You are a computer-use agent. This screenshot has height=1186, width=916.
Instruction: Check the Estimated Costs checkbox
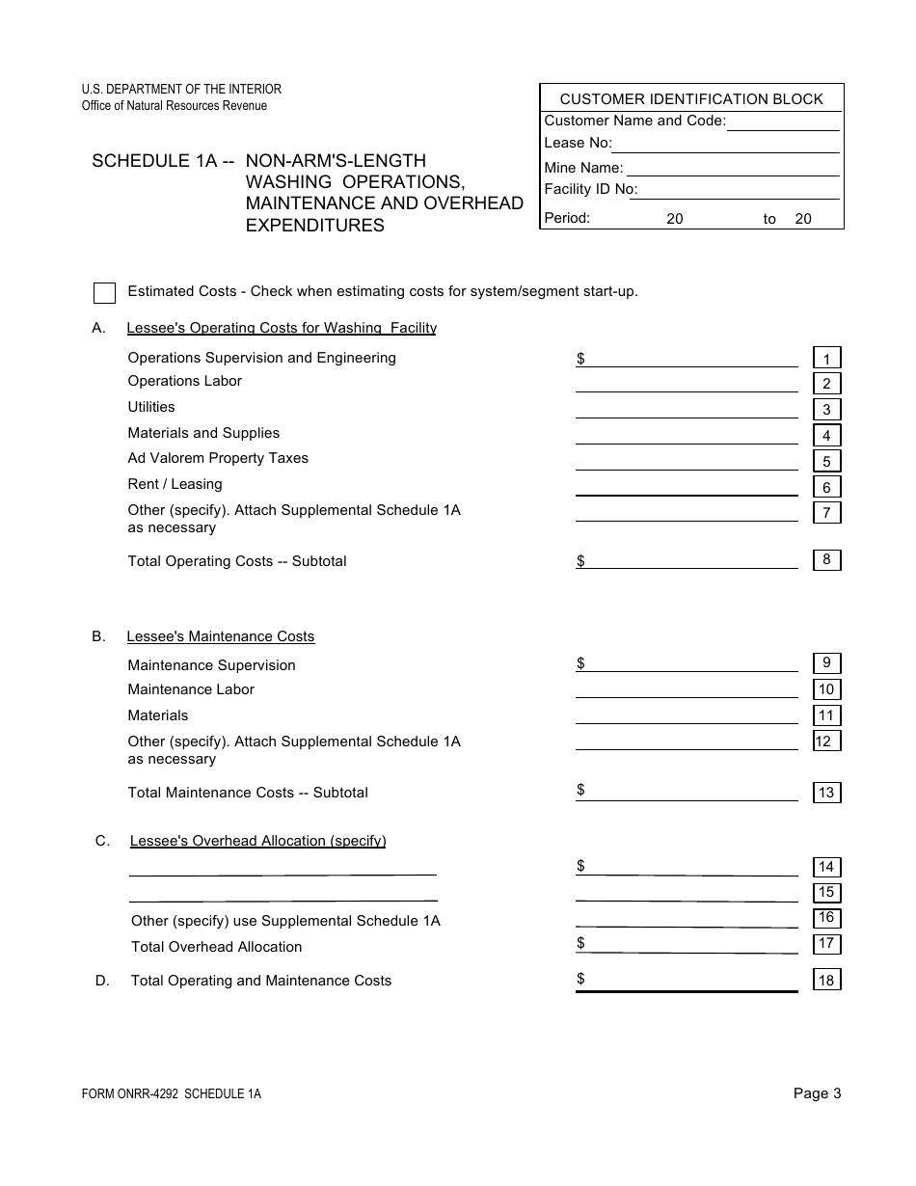tap(105, 293)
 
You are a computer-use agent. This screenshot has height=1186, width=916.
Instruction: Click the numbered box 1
tap(826, 359)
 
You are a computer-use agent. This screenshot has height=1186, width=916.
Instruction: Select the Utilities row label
tap(151, 407)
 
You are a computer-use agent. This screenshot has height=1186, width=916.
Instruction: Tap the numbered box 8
tap(826, 559)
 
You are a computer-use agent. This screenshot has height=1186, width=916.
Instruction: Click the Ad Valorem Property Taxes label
tap(218, 458)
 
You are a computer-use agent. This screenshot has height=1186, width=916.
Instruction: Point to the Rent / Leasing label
tap(175, 484)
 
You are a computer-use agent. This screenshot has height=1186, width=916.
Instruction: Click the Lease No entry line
tap(725, 145)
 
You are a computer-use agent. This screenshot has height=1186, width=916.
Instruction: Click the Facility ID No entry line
tap(739, 191)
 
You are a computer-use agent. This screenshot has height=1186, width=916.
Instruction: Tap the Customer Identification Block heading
tap(691, 98)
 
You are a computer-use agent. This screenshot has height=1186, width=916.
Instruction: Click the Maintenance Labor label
tap(191, 689)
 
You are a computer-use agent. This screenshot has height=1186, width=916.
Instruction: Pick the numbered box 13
tap(826, 793)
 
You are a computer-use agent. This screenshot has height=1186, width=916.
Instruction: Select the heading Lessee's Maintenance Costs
tap(221, 636)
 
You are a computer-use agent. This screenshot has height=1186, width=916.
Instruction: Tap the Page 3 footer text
tap(817, 1092)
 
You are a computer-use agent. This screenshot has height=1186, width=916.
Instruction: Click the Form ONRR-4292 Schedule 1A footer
tap(172, 1093)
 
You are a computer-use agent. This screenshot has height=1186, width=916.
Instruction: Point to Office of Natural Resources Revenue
tap(175, 105)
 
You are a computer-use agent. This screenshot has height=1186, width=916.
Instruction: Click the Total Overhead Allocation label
tap(216, 947)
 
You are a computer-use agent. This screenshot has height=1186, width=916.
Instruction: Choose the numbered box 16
tap(826, 917)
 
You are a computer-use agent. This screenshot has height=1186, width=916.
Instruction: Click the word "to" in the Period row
tap(769, 219)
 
